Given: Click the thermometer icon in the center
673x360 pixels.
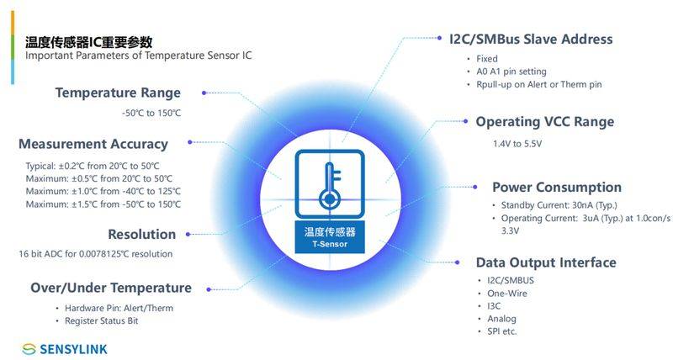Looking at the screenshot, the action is (x=330, y=183).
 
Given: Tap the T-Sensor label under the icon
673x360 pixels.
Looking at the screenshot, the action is (x=330, y=244).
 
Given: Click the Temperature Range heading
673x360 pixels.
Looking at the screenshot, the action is (x=118, y=93).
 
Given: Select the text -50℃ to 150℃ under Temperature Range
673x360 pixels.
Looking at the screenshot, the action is (x=151, y=114).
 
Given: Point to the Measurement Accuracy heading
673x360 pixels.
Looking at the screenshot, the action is (x=93, y=144).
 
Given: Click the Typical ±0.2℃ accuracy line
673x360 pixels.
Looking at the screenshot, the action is (x=93, y=166).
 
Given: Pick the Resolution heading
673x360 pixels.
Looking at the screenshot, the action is (x=141, y=235).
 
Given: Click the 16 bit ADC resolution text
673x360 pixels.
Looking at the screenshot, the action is (x=95, y=254).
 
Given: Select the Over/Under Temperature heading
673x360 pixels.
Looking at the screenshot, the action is (x=111, y=288).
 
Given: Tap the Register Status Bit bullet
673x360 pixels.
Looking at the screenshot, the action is (x=101, y=321).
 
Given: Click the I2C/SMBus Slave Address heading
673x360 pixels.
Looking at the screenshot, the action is (x=531, y=40).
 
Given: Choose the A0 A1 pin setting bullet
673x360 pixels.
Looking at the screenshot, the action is (x=511, y=71).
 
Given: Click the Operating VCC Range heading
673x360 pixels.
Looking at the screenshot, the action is (x=544, y=122).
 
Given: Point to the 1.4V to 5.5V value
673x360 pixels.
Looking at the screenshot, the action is (x=517, y=144).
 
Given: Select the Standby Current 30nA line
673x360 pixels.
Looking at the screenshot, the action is (x=559, y=205).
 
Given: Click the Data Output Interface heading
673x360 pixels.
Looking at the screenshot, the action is (x=546, y=262).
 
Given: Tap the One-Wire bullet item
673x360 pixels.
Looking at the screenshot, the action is (x=507, y=294).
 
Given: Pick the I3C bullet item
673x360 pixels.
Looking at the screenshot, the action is (x=494, y=306).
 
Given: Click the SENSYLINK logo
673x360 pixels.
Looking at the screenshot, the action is (x=65, y=349).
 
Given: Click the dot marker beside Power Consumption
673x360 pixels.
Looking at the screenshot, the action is (x=475, y=187).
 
